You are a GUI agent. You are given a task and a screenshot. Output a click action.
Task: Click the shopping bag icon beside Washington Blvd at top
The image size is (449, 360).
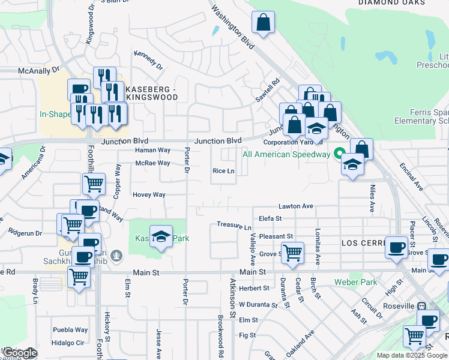pyautogui.click(x=263, y=23)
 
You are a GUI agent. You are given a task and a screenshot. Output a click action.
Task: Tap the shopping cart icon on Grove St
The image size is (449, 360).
pyautogui.click(x=292, y=252)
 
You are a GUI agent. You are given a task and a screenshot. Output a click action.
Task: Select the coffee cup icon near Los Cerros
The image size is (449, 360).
pyautogui.click(x=396, y=247)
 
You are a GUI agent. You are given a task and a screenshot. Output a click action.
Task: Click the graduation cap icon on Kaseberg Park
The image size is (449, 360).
pyautogui.click(x=161, y=237)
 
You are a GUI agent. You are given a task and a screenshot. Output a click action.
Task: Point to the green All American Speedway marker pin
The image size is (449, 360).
pyautogui.click(x=339, y=154)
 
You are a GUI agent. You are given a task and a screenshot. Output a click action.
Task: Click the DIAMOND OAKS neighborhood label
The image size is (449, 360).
pyautogui.click(x=391, y=3)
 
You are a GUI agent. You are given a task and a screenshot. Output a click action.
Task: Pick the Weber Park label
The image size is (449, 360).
pyautogui.click(x=355, y=282)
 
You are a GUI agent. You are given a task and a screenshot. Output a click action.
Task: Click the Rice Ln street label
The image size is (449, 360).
pyautogui.click(x=223, y=171)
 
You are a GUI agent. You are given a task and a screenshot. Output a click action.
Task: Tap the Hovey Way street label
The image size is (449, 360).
pyautogui.click(x=149, y=194)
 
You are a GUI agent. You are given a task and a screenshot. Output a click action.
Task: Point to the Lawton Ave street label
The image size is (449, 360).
pyautogui.click(x=296, y=206)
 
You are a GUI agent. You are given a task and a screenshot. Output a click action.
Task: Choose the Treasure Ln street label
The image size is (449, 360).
pyautogui.click(x=234, y=227)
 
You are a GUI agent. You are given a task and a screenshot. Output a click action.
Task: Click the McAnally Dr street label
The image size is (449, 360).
pyautogui.click(x=40, y=70)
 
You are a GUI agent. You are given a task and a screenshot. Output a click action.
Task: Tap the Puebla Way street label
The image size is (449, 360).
pyautogui.click(x=70, y=329)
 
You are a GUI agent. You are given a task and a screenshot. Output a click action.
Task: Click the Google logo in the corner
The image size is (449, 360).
pyautogui.click(x=19, y=353)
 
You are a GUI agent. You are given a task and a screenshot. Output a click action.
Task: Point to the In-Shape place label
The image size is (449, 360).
pyautogui.click(x=55, y=114)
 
